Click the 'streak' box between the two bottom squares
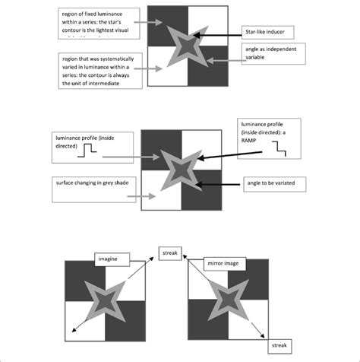tap(169, 254)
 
